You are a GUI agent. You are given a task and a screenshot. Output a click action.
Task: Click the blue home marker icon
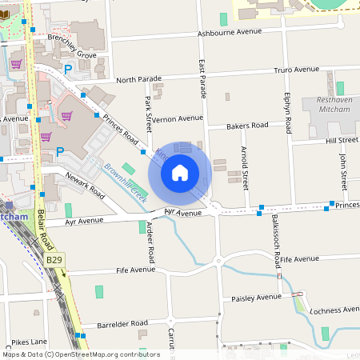pos(180,173)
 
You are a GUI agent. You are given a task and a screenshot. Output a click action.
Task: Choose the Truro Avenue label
pos(296,70)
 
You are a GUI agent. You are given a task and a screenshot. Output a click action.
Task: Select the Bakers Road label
pos(247,126)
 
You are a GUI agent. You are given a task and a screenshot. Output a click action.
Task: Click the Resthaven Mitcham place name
pos(340,105)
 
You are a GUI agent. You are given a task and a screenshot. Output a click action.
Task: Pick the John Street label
pos(343,171)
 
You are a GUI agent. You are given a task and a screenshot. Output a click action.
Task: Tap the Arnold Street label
pos(245,163)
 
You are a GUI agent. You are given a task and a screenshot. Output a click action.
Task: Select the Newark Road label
pos(86,186)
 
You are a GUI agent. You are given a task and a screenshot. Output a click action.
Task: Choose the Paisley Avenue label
pos(258,298)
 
